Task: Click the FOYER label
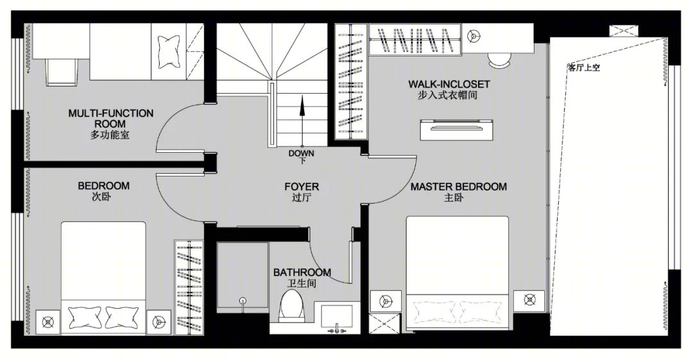(x=302, y=187)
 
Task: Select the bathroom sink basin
(x=336, y=316)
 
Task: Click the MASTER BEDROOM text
(x=459, y=187)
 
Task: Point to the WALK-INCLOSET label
(x=449, y=84)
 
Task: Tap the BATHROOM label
(x=302, y=273)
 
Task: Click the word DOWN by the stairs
(x=302, y=153)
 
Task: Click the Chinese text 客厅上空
(x=585, y=67)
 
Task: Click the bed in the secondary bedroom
(x=103, y=278)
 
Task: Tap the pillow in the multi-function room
(x=168, y=51)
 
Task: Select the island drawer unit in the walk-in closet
(x=457, y=130)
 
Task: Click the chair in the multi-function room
(x=62, y=72)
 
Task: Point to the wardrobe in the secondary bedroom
(x=189, y=287)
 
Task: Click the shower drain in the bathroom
(x=243, y=301)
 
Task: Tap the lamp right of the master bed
(x=529, y=300)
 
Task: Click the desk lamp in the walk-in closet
(x=474, y=36)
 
